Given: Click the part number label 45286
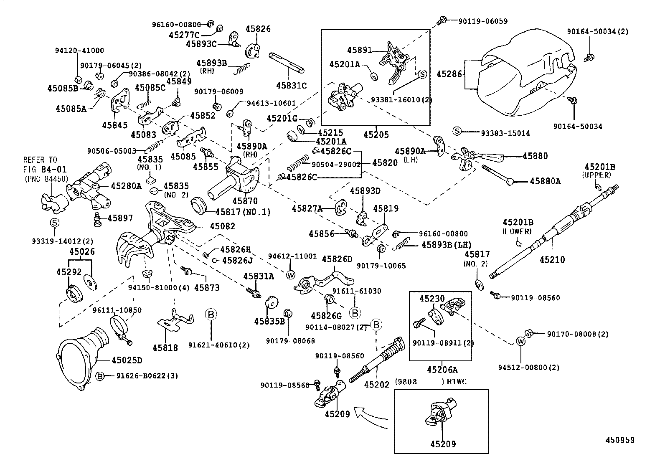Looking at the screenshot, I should coord(449,74).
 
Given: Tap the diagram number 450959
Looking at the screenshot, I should coord(620,440).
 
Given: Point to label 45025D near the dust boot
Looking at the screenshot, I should coord(127,360).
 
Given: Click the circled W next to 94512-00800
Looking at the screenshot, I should coord(520,341).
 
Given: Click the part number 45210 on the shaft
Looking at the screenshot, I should coord(552,259).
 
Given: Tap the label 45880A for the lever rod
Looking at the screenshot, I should coord(545,181).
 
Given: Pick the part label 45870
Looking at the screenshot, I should coord(245,201).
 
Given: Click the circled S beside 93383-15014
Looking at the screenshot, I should coord(457,131).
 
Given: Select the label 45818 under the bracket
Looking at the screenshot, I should coord(165,347).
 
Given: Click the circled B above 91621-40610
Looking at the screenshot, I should coord(211,314).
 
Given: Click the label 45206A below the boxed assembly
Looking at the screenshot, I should coord(442,370).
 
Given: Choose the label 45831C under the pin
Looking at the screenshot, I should coord(291,86).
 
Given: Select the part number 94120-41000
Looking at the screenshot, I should coord(79,51).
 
